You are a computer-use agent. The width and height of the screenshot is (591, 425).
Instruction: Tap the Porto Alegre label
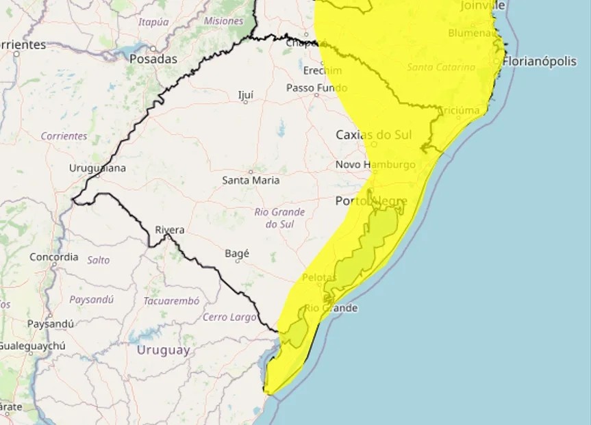pos(371,201)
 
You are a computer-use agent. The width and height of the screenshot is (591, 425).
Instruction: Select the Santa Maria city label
pos(251,181)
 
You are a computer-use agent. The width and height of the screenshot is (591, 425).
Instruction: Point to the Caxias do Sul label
pos(373,135)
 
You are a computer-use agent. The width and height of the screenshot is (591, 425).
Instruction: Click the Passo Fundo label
pos(316,88)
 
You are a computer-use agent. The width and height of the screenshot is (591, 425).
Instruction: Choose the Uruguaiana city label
pos(97,168)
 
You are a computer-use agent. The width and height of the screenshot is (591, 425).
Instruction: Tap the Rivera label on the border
pos(170,230)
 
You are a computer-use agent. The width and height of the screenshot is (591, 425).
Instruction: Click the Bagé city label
pos(237,253)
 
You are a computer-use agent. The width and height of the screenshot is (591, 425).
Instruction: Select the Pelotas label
pos(319,277)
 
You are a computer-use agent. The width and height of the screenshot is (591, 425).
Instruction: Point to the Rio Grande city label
pos(331,308)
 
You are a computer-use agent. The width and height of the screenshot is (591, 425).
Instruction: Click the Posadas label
pos(153,59)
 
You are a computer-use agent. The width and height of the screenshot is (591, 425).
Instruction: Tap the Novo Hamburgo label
pos(375,165)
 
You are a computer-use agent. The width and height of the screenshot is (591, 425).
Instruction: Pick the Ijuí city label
pos(246,94)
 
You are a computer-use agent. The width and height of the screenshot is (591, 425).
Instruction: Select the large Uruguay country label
pos(163,350)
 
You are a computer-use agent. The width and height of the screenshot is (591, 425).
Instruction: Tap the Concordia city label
pos(54,257)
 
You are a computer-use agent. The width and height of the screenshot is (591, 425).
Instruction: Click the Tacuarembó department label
pos(171,301)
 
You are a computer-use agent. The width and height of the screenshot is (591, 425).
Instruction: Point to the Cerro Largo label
pos(229,318)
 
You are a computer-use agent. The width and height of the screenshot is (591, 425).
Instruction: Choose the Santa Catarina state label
pos(441,67)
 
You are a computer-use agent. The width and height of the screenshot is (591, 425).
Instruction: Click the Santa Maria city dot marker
pos(251,172)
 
